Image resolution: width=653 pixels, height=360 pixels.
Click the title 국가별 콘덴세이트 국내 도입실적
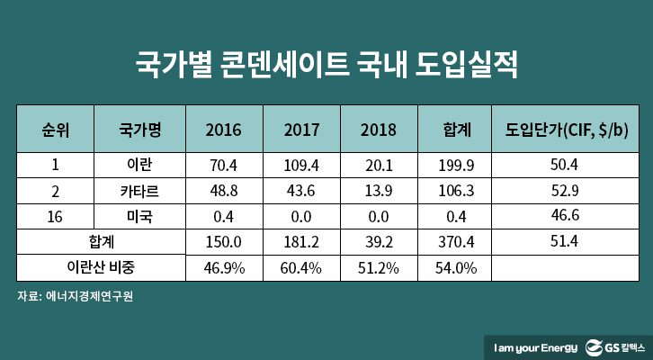pos(326,65)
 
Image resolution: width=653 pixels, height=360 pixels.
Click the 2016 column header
pos(222,128)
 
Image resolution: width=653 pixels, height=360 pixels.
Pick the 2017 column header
pos(300,128)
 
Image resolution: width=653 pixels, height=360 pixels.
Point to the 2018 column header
pos(378,128)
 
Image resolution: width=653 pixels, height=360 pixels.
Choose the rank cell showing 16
pos(56,217)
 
